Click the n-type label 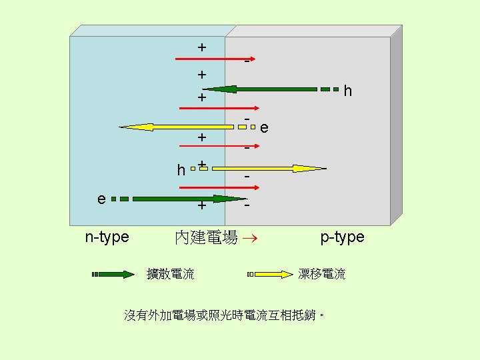click(x=107, y=237)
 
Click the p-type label click(x=342, y=237)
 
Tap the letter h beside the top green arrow click(x=348, y=90)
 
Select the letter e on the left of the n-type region click(x=101, y=199)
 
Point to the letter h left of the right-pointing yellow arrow click(x=181, y=170)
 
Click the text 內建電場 click(x=205, y=237)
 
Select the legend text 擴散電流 click(x=171, y=274)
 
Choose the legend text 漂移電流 click(x=322, y=274)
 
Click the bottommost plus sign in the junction click(x=201, y=206)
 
